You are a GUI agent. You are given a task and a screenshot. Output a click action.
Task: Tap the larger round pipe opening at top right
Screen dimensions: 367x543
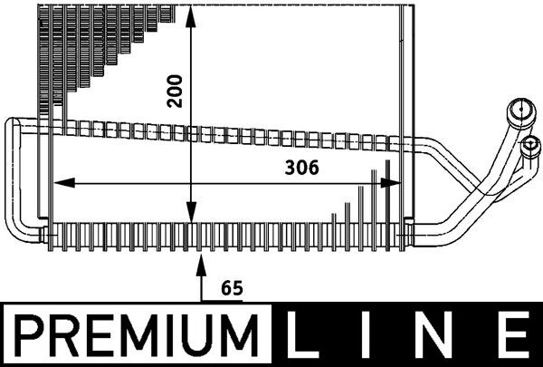519,112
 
